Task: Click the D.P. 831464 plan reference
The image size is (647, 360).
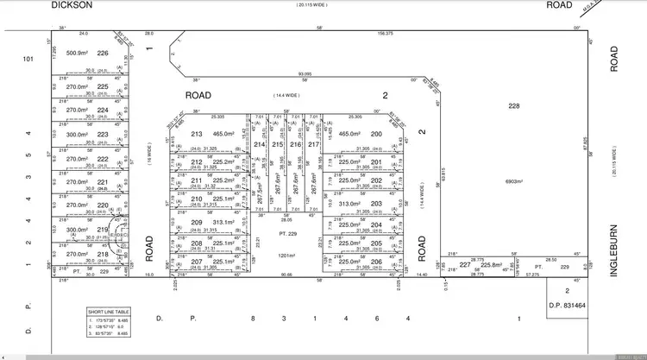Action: pyautogui.click(x=567, y=304)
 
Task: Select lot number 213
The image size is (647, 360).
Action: pyautogui.click(x=196, y=135)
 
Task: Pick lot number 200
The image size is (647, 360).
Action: pyautogui.click(x=376, y=135)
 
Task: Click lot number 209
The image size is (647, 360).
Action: pyautogui.click(x=196, y=222)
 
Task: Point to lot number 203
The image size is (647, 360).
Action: pyautogui.click(x=376, y=204)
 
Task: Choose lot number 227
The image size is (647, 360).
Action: pyautogui.click(x=465, y=265)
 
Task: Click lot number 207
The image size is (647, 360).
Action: pyautogui.click(x=196, y=261)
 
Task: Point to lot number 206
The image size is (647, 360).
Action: pyautogui.click(x=376, y=261)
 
